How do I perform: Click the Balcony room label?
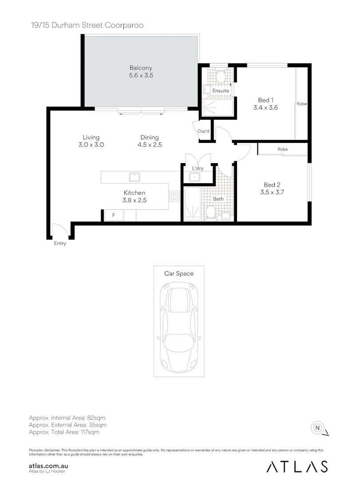tap(141, 68)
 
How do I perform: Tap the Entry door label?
tap(60, 243)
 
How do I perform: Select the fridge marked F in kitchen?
tap(114, 215)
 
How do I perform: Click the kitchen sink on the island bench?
tap(135, 177)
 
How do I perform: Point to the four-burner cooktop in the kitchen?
tap(174, 196)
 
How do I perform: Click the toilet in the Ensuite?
tap(220, 76)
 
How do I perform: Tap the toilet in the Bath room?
tap(211, 214)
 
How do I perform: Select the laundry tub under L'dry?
tap(195, 177)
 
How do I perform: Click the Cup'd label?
tap(204, 131)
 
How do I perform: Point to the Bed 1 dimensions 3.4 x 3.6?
tap(265, 107)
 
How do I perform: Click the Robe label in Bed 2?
tap(282, 149)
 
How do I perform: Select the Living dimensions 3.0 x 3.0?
tap(91, 145)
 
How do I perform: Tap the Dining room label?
tap(150, 137)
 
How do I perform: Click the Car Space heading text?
tap(179, 274)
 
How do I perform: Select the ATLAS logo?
tap(297, 467)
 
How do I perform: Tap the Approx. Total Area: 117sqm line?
tap(64, 432)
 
